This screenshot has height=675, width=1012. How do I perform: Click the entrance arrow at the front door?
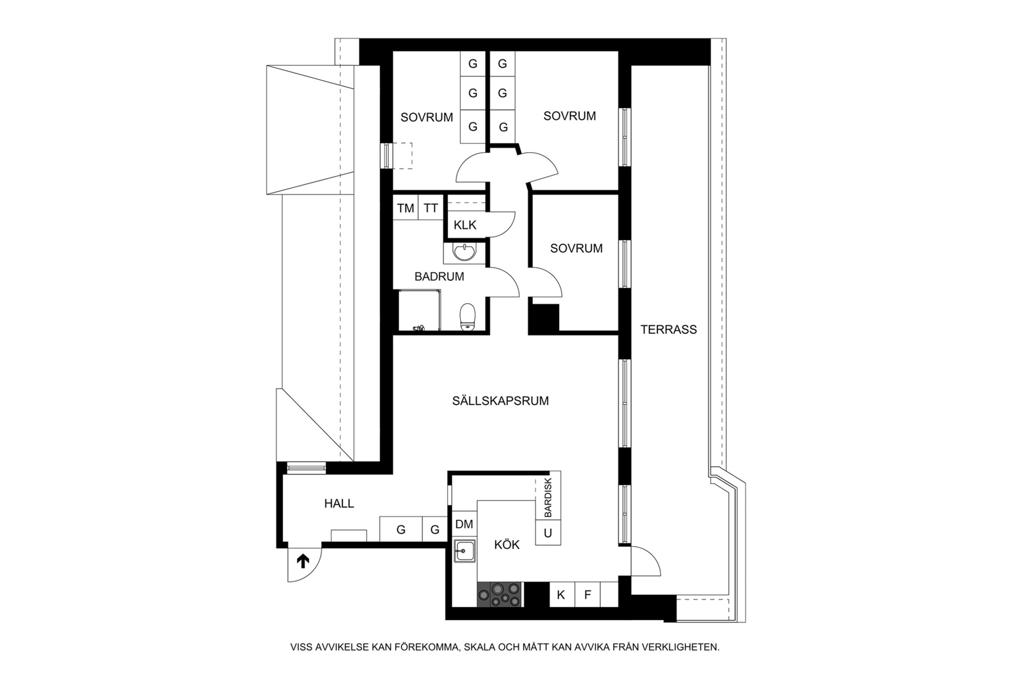[x=302, y=561]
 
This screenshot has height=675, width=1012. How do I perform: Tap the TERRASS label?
[x=669, y=329]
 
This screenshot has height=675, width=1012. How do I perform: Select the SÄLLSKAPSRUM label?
[x=500, y=401]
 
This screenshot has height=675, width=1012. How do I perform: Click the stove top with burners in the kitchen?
[x=499, y=594]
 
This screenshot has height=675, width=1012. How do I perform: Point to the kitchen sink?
[x=464, y=551]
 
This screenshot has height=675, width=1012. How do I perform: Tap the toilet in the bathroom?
[x=467, y=316]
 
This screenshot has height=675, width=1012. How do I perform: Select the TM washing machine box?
[x=406, y=208]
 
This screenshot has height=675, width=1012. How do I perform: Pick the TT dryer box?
[x=431, y=208]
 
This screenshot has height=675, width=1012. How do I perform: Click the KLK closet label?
[x=465, y=225]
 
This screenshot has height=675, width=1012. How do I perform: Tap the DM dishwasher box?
[x=464, y=524]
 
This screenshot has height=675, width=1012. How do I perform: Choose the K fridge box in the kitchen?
[x=561, y=594]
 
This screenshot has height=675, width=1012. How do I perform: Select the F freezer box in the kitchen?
[x=588, y=594]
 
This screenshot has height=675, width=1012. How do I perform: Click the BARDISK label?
[x=548, y=497]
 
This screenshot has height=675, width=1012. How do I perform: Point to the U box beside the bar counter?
[x=548, y=533]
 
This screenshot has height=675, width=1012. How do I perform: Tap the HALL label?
[x=339, y=504]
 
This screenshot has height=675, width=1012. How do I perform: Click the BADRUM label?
[x=439, y=277]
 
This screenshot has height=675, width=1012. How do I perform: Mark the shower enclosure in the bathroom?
[x=420, y=310]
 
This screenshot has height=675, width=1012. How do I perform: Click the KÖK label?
[x=507, y=544]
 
